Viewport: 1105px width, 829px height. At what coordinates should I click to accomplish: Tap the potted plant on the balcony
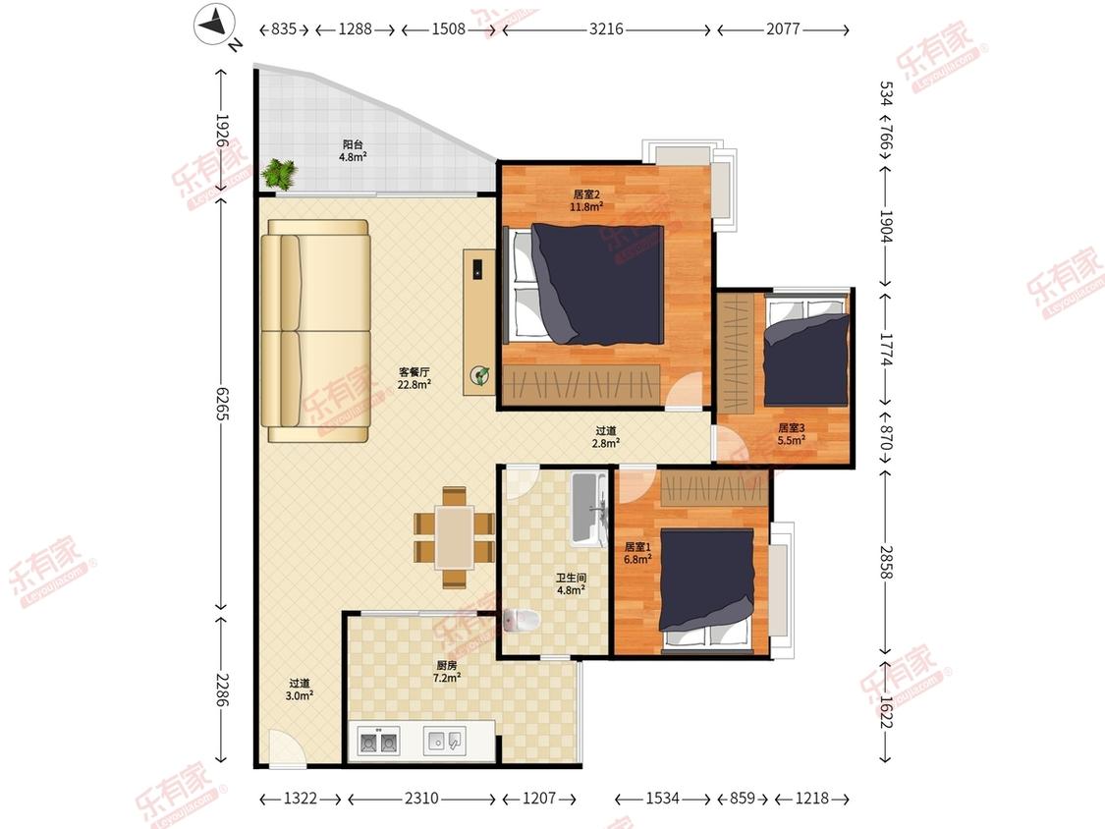[280, 174]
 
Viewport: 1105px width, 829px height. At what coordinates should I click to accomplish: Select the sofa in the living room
[315, 331]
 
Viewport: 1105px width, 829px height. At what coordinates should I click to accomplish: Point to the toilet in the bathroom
[522, 621]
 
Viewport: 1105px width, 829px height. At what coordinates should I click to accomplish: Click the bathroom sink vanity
[589, 508]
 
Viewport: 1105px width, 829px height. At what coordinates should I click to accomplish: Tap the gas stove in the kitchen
[378, 742]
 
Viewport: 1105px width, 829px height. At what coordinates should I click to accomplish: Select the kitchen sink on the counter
[444, 741]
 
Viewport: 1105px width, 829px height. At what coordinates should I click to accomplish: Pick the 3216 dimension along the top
[606, 28]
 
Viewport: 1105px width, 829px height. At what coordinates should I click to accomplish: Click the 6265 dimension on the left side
[222, 404]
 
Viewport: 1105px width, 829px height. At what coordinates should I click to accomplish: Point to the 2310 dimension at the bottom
[421, 798]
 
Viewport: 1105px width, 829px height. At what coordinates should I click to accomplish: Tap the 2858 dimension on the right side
[886, 562]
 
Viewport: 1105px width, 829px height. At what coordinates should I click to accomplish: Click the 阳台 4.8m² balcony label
[353, 151]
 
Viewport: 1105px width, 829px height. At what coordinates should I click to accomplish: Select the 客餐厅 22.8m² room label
[414, 378]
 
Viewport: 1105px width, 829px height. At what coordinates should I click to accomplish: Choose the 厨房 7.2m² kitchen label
[447, 671]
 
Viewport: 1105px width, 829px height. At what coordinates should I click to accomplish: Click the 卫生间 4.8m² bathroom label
[571, 583]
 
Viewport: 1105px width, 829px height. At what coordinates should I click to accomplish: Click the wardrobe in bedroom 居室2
[582, 385]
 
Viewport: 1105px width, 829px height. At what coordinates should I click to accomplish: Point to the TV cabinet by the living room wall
[479, 321]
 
